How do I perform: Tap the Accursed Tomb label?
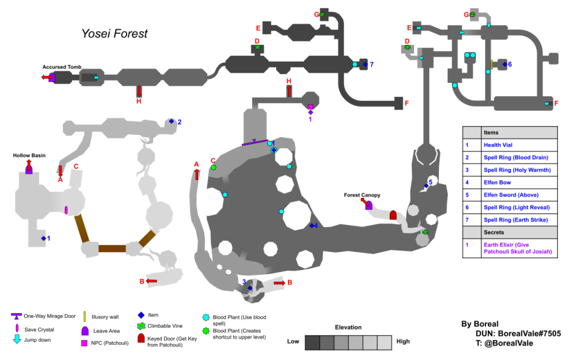coord(62,67)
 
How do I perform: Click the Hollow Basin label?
coord(29,155)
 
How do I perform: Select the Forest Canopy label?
coord(362,195)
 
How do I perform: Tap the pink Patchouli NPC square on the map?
coord(310,107)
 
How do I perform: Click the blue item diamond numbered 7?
coord(364,65)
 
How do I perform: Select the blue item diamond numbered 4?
coord(312,226)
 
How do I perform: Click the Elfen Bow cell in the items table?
coord(519,182)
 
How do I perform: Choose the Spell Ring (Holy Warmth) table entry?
coord(519,170)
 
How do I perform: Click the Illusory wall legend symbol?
coord(84,317)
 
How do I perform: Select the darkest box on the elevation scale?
coord(312,342)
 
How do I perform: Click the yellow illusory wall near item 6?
coord(492,65)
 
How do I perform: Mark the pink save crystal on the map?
coord(66,210)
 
